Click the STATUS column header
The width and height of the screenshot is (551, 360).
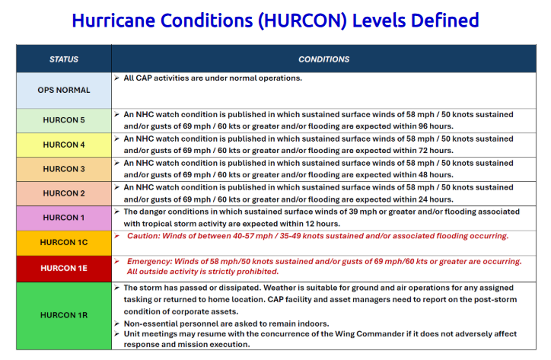[64, 59]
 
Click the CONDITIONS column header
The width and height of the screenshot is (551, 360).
[323, 59]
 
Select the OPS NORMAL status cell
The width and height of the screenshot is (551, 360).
[64, 91]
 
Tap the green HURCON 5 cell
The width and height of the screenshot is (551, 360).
[64, 120]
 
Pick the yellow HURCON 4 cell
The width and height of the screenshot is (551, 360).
[64, 145]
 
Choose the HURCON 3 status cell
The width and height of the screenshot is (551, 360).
[64, 169]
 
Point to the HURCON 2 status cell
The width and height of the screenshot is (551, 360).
[64, 193]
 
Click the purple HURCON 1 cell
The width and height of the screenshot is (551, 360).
[64, 218]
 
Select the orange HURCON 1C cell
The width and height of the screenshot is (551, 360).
[64, 243]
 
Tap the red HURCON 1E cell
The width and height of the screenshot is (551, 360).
[64, 269]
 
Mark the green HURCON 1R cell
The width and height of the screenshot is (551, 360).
[64, 315]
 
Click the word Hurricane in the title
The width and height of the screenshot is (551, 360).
[113, 21]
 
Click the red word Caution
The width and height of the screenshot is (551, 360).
[143, 236]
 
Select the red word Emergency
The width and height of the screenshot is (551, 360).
[149, 262]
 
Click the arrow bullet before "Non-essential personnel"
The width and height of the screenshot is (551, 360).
[117, 323]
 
